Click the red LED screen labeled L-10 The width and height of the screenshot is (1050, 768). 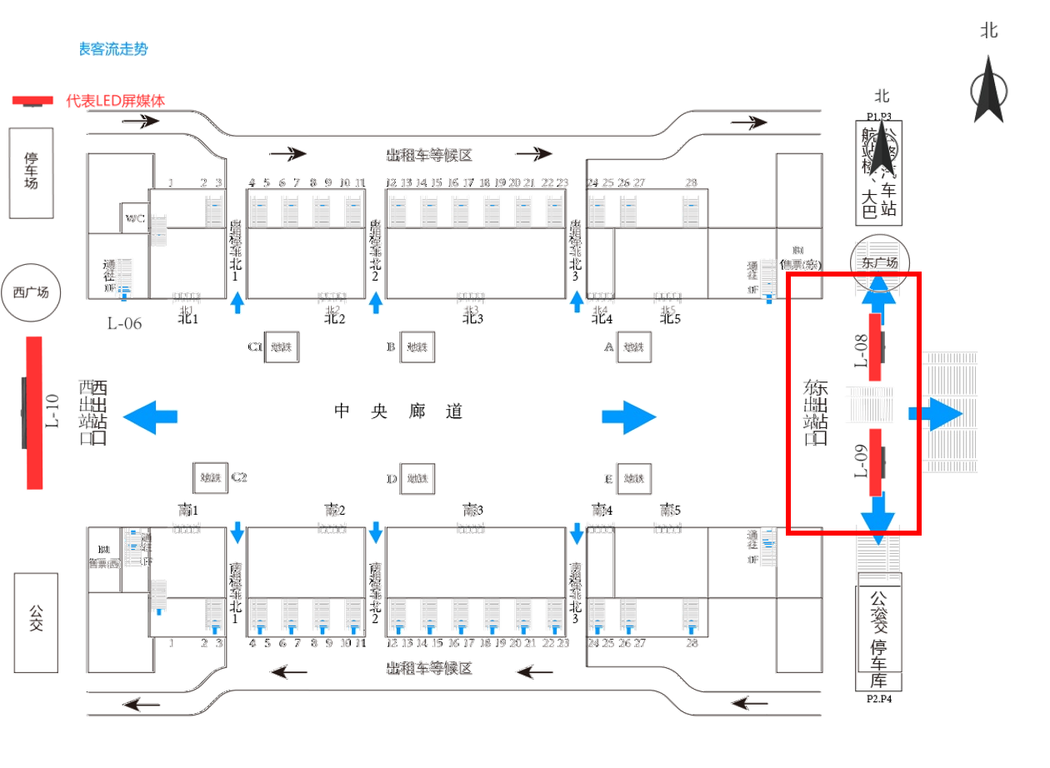(34, 412)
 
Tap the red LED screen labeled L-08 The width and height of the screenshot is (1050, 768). (874, 347)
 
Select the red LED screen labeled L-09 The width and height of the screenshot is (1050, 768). (874, 461)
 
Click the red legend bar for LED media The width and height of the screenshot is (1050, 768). (32, 101)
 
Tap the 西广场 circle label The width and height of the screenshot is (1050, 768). (32, 293)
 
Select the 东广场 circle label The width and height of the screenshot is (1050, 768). (880, 264)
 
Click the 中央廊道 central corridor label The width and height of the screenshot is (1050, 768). (398, 411)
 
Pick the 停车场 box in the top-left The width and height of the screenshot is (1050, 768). (32, 172)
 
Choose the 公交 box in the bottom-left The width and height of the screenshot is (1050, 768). (36, 623)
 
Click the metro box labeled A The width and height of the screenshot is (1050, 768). (633, 346)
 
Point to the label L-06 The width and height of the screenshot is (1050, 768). (123, 322)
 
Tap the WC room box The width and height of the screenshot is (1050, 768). (134, 218)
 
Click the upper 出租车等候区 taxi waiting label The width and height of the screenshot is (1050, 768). (428, 155)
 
